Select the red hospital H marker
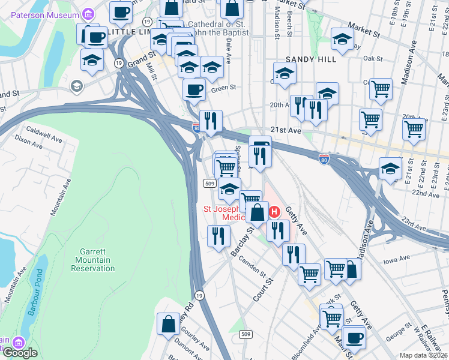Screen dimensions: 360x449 274,212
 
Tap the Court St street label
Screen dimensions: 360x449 262,289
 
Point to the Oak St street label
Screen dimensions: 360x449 373,58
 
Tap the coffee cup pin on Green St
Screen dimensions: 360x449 194,91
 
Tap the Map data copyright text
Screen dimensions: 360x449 423,355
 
